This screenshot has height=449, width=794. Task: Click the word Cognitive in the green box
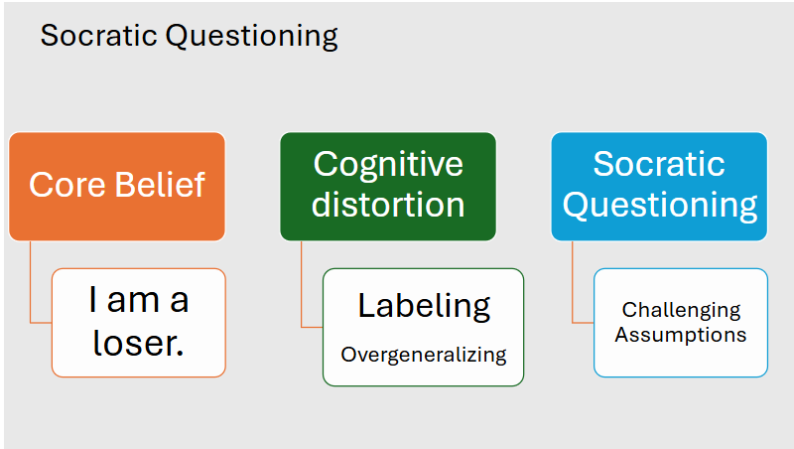(388, 164)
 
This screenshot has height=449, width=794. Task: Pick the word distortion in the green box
(388, 205)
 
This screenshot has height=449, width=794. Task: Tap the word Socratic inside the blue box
(659, 164)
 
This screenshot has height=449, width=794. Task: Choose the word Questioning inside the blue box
(659, 206)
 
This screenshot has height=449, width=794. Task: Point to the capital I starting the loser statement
(93, 300)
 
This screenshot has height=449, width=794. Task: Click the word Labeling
(424, 306)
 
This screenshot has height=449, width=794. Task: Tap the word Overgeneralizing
(424, 355)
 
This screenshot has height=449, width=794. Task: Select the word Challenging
(681, 311)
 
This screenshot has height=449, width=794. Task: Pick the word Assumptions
(681, 335)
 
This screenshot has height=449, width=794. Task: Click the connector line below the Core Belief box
(31, 288)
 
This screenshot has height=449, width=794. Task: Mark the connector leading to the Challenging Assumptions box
(574, 288)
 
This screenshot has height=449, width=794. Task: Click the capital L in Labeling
(364, 305)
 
